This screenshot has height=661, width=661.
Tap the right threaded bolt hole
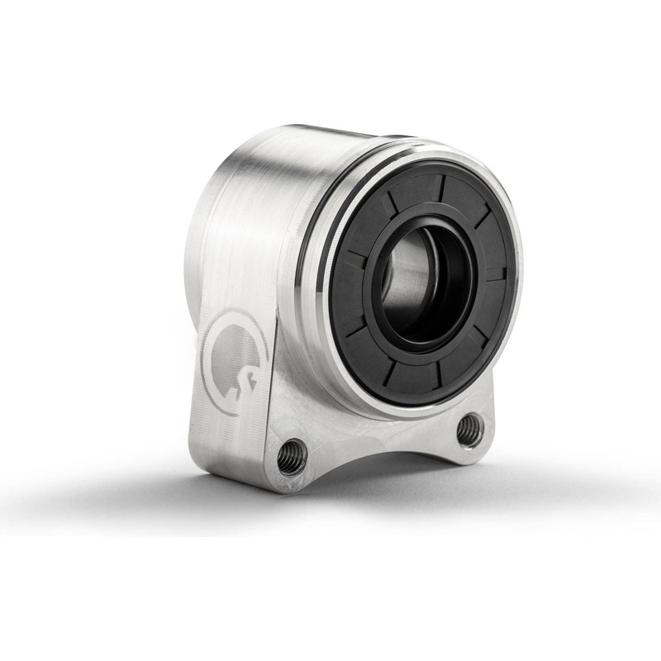[469, 429]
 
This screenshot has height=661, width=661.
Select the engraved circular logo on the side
[234, 364]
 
